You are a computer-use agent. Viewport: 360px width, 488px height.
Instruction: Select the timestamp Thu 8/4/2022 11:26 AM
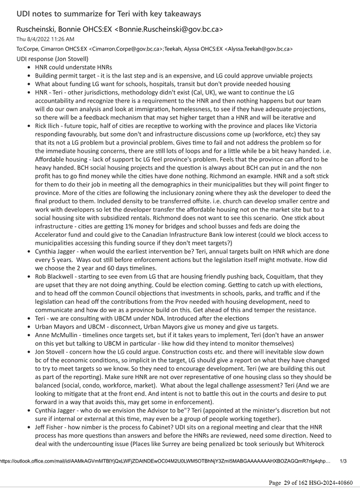(x=45, y=39)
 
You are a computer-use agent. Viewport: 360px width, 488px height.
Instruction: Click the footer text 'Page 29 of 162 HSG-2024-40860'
(x=311, y=482)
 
